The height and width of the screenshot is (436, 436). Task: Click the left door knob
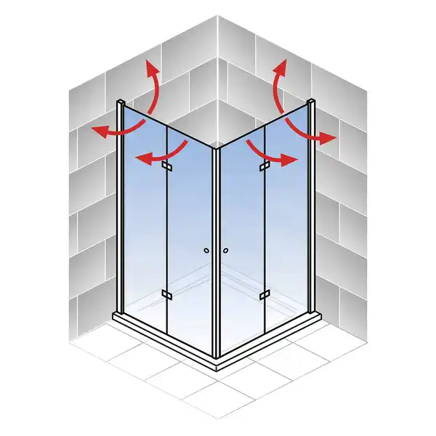coord(207,251)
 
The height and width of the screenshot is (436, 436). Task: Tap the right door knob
coord(226,251)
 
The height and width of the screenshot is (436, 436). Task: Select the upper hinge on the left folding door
coord(166,168)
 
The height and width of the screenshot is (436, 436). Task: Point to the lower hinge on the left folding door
coord(166,294)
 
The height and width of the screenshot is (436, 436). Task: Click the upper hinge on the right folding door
coord(264,168)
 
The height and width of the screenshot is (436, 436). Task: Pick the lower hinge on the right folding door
coord(264,294)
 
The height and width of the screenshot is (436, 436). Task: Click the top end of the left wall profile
coord(120,101)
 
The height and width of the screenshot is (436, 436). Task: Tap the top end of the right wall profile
coord(312,102)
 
